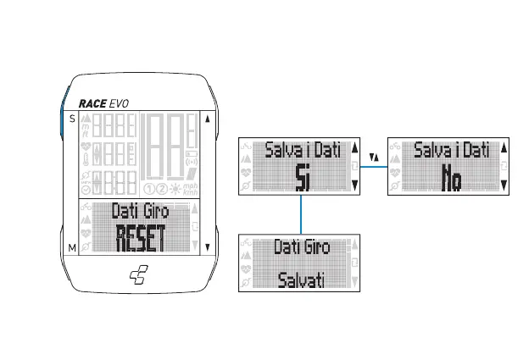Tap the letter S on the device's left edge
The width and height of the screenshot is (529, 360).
(x=72, y=119)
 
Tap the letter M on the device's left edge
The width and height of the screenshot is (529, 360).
(x=72, y=247)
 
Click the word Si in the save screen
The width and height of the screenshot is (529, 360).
(x=303, y=177)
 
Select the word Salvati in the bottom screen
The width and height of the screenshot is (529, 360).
(x=303, y=280)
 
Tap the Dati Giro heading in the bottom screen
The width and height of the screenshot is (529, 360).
(x=303, y=248)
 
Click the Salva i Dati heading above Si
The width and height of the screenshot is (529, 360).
(x=303, y=150)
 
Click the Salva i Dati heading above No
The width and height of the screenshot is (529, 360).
(x=451, y=150)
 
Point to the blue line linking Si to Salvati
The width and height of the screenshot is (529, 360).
(x=303, y=215)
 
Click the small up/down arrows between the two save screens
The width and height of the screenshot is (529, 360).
(x=375, y=157)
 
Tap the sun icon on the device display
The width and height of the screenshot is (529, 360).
(x=174, y=188)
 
